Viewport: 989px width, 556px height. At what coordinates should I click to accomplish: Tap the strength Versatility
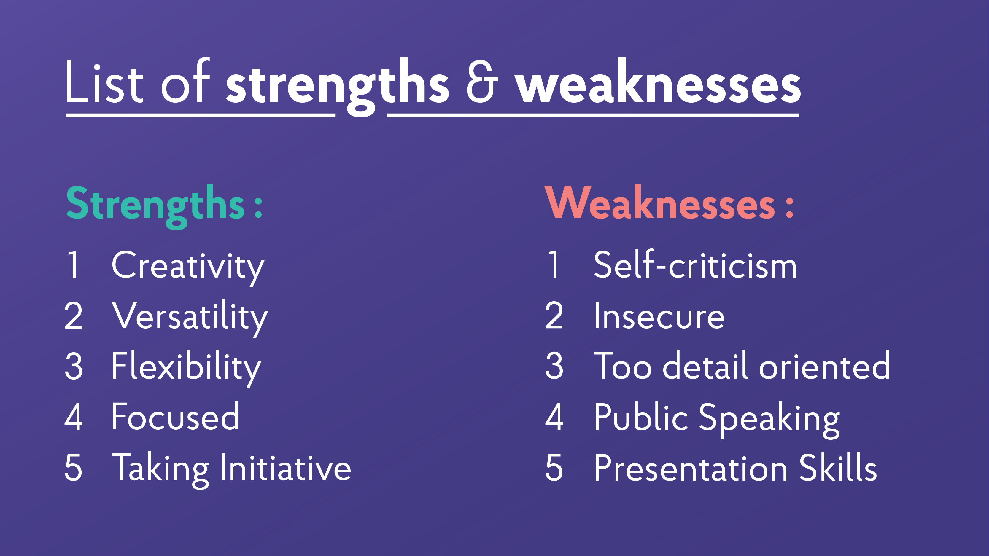pos(190,317)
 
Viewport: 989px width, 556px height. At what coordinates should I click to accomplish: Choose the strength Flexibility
pos(186,367)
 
